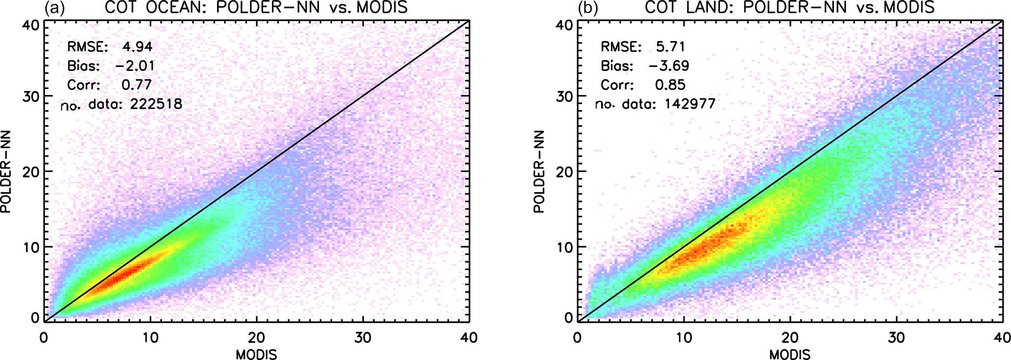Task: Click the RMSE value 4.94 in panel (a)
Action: [137, 47]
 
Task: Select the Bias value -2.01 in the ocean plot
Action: [135, 66]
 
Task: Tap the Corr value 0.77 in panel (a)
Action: [136, 85]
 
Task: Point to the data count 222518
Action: [156, 104]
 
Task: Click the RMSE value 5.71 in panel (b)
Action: [671, 47]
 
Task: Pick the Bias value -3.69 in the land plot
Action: [669, 66]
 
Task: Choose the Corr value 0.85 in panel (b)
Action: [670, 85]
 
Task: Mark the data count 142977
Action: [690, 104]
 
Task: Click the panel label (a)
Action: [54, 8]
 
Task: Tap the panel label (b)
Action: [587, 8]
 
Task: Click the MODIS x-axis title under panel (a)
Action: [256, 354]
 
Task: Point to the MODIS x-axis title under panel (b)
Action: [790, 354]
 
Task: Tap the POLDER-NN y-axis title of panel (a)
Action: [6, 172]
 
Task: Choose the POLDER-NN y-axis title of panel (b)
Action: [539, 172]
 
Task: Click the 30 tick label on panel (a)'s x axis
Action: [363, 338]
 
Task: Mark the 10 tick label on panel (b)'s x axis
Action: [684, 338]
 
